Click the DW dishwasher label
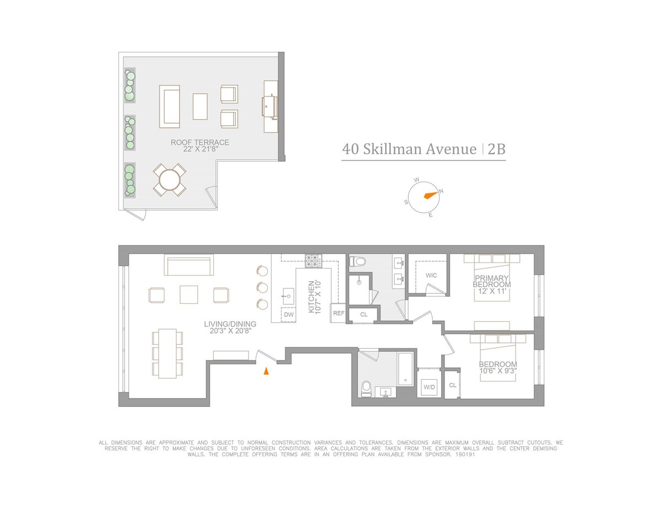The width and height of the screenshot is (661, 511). click(x=289, y=315)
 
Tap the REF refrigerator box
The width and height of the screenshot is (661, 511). click(x=337, y=313)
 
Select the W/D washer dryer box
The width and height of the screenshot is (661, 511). click(x=429, y=387)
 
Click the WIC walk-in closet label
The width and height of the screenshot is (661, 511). click(x=431, y=275)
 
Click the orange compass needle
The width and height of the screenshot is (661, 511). click(x=430, y=195)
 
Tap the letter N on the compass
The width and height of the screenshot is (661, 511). click(x=441, y=191)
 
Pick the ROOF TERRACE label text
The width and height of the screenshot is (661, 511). click(x=200, y=142)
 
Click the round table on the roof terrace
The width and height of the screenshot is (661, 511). click(x=169, y=179)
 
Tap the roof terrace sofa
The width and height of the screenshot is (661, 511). click(x=169, y=106)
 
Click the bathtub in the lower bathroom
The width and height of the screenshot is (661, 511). click(x=406, y=368)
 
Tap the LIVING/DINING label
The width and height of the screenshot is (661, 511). click(x=230, y=324)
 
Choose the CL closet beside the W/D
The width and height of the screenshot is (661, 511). click(x=452, y=385)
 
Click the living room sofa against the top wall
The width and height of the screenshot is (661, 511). click(x=188, y=265)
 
